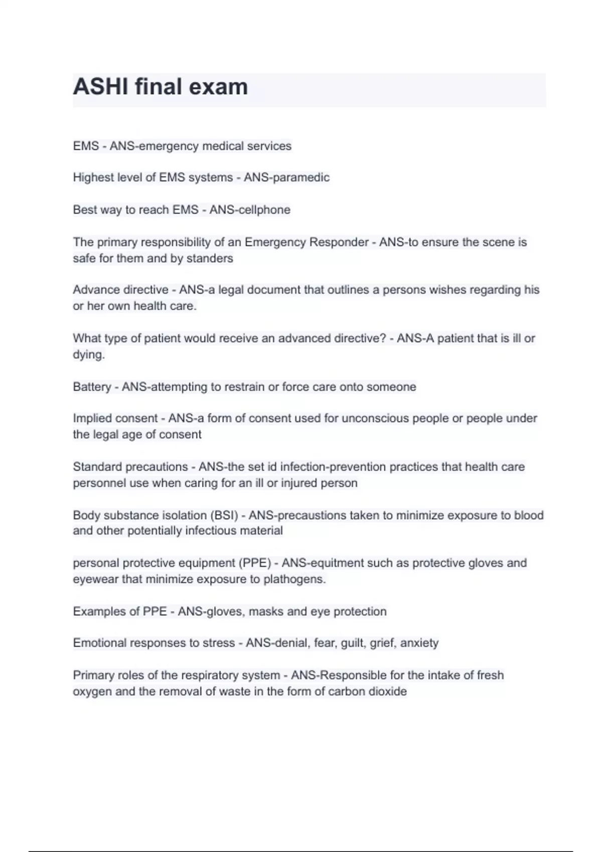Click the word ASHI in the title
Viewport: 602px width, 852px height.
(100, 87)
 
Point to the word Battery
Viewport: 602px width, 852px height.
(92, 387)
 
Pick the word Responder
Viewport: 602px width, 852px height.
(339, 242)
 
